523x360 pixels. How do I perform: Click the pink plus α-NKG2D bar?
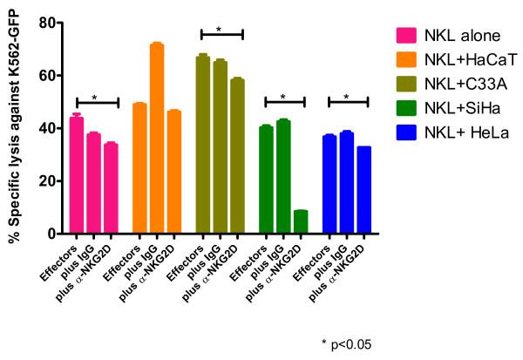click(110, 188)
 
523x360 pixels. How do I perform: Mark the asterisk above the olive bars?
click(219, 29)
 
